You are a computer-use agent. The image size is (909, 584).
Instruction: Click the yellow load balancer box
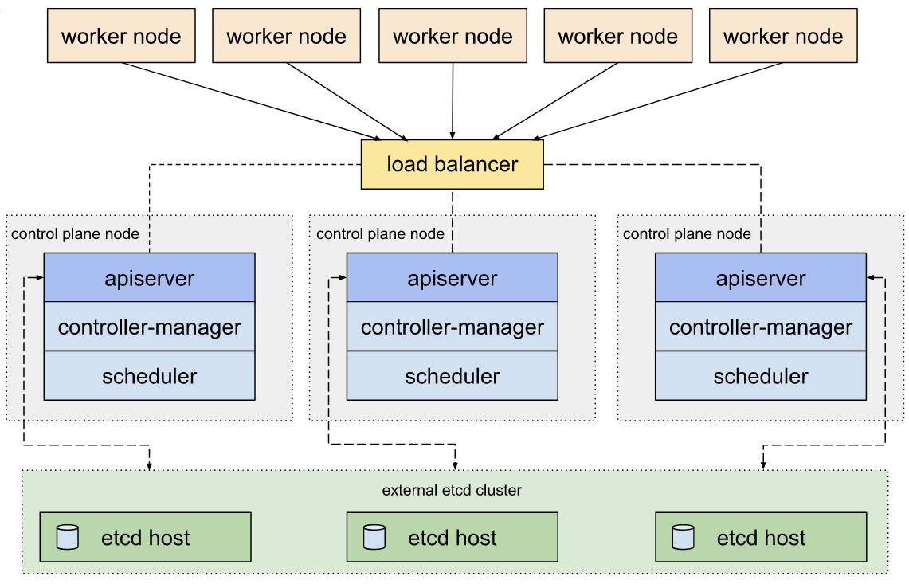click(452, 165)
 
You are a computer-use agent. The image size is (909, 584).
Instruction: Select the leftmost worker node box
click(121, 37)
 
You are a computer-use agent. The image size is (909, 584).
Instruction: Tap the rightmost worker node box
click(782, 37)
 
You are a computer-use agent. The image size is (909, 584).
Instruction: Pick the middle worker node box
click(452, 37)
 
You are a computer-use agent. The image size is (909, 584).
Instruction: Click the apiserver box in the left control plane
click(149, 278)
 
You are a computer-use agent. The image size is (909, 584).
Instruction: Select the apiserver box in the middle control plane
click(452, 278)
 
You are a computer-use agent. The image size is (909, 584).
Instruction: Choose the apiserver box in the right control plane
click(760, 278)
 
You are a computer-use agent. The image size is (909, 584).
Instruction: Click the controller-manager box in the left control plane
click(149, 327)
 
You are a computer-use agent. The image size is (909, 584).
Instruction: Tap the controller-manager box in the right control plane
click(760, 327)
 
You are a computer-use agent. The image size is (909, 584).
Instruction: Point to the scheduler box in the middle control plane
click(452, 376)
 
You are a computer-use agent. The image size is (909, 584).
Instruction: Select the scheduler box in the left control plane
click(149, 376)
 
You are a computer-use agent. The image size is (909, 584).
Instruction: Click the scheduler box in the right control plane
click(760, 376)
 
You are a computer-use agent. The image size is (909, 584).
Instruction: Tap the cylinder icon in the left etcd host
click(68, 537)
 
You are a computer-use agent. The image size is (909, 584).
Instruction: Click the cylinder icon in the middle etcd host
click(374, 537)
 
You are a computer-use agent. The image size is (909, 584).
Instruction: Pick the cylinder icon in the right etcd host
click(682, 537)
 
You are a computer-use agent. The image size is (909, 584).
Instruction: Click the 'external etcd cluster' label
click(452, 490)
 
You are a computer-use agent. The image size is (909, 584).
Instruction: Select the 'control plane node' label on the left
click(75, 233)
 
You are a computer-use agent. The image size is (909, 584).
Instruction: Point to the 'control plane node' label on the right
click(686, 233)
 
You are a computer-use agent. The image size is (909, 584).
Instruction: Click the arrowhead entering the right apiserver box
click(871, 278)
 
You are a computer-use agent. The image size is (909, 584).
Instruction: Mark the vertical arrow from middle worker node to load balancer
click(453, 100)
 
